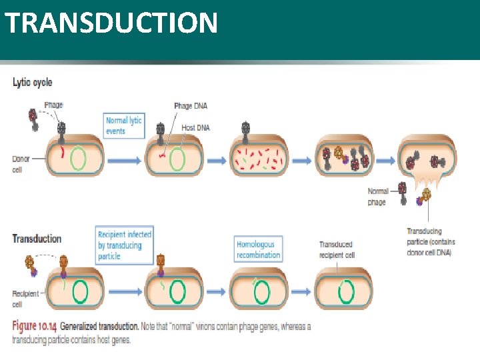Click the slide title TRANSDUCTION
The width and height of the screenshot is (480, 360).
pyautogui.click(x=111, y=23)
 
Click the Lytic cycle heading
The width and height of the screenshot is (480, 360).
pyautogui.click(x=32, y=83)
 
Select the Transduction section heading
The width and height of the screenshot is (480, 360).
pyautogui.click(x=37, y=239)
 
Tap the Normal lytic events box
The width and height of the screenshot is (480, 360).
pyautogui.click(x=123, y=125)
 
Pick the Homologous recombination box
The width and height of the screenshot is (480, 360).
pyautogui.click(x=258, y=249)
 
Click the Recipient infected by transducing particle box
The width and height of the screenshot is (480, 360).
pyautogui.click(x=125, y=245)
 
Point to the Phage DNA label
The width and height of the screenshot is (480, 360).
pyautogui.click(x=191, y=106)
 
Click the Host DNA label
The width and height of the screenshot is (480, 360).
pyautogui.click(x=195, y=127)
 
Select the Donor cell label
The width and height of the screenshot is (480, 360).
pyautogui.click(x=21, y=164)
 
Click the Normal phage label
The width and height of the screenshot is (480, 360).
pyautogui.click(x=377, y=197)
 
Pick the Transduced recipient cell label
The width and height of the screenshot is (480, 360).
pyautogui.click(x=336, y=249)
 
